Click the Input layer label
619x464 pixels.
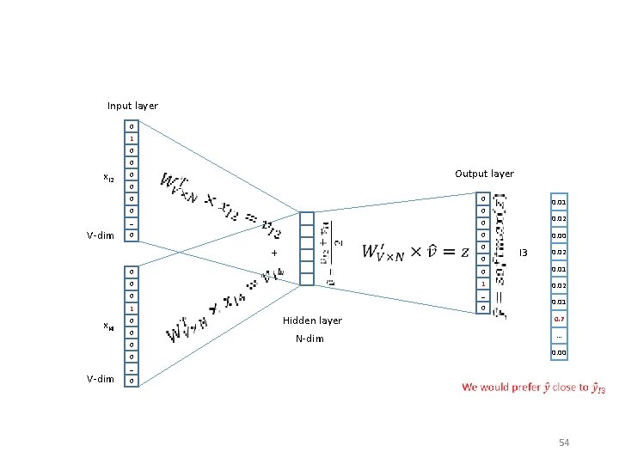tap(132, 106)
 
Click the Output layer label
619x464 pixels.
tap(484, 174)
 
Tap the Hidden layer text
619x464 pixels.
tap(312, 321)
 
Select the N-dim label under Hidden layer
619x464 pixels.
tap(309, 339)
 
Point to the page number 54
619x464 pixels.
tap(564, 443)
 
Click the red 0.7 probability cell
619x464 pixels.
tap(559, 319)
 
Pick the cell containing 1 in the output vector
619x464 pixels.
tap(484, 284)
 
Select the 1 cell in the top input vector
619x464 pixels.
tap(131, 138)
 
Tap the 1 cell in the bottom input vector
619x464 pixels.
tap(131, 308)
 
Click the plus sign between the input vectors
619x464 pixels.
tap(273, 253)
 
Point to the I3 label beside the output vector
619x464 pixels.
tap(523, 253)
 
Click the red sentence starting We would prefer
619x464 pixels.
tap(533, 388)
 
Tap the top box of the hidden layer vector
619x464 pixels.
tap(306, 217)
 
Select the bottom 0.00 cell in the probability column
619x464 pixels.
tap(559, 352)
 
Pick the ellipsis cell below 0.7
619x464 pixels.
tap(559, 336)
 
